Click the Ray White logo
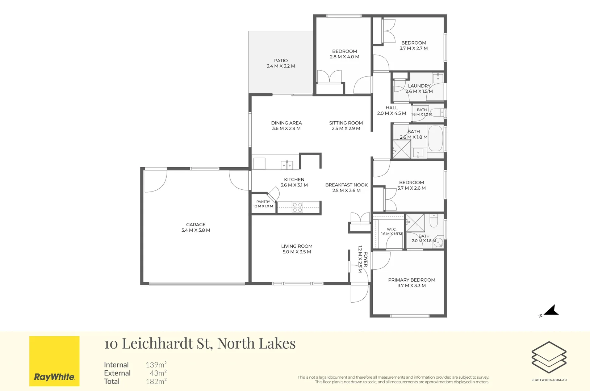(54, 361)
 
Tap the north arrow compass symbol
(550, 311)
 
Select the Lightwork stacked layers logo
(549, 357)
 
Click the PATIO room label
(281, 60)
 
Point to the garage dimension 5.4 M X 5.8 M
(196, 230)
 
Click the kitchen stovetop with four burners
(297, 207)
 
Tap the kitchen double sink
(286, 165)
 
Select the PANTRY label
(263, 202)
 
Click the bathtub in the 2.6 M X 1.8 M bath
(435, 138)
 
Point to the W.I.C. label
(392, 229)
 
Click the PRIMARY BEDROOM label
(412, 280)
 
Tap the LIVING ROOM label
(297, 246)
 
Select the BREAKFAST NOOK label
(346, 185)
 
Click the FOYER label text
(365, 259)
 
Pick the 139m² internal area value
(156, 365)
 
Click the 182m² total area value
(156, 381)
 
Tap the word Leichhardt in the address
(157, 343)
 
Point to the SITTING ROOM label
(346, 123)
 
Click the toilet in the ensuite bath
(434, 220)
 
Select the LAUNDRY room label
(419, 86)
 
